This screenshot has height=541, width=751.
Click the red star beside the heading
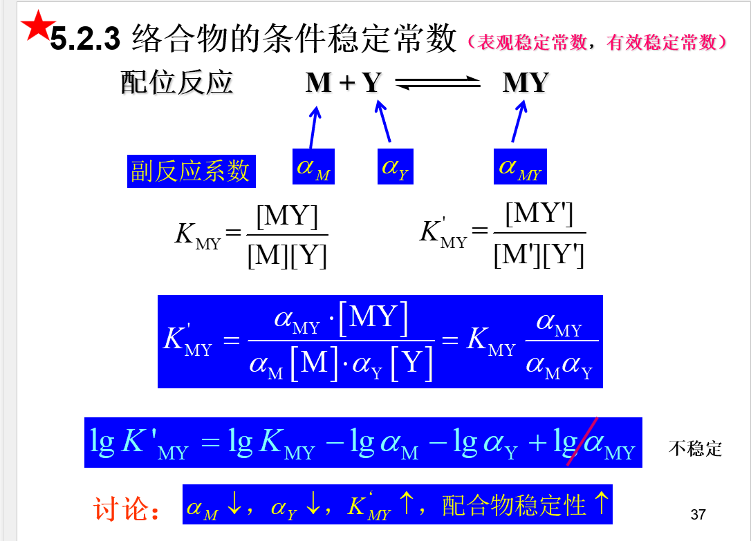tap(37, 26)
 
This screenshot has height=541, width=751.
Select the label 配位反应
tap(177, 82)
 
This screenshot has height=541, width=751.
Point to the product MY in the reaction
tap(526, 83)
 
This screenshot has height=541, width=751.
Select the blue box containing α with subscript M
tap(313, 167)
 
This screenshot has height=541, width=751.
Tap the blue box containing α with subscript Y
tap(395, 167)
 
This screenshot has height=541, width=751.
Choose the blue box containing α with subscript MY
tap(520, 167)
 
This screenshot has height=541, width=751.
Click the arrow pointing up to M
tap(313, 126)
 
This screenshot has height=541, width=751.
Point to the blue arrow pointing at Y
tap(383, 121)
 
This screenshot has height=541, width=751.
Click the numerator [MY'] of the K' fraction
tap(539, 214)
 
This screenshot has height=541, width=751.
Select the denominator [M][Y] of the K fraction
tap(287, 256)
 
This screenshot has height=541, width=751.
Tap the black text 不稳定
tap(695, 449)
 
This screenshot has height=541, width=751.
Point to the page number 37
tap(698, 514)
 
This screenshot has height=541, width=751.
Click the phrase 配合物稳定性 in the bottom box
tap(514, 505)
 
